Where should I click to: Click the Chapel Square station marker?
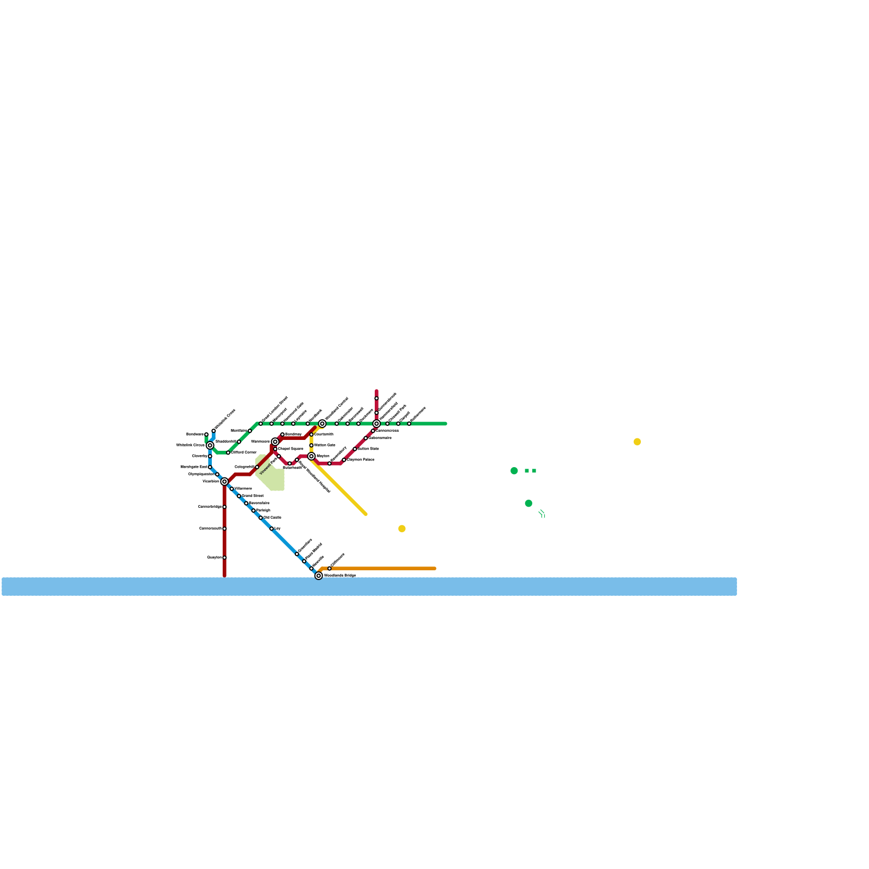pos(275,449)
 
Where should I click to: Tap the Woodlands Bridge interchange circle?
pos(319,576)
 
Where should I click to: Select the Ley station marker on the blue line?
pos(272,528)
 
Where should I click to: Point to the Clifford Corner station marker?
pos(228,452)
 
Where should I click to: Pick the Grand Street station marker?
pos(239,496)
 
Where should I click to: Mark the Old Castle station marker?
pos(261,518)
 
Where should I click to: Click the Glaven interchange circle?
pos(311,456)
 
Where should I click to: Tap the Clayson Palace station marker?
pos(344,460)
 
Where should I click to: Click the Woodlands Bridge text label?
pos(340,575)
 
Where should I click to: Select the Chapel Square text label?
pos(291,449)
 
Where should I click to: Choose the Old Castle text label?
pos(273,518)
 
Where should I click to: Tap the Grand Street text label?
pos(253,496)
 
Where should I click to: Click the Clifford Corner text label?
pos(244,452)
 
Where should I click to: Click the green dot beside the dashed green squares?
pos(514,471)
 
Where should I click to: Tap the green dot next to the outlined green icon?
pos(528,503)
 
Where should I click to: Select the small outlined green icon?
pos(541,514)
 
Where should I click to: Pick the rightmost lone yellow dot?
pos(637,442)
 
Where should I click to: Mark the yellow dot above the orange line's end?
pos(402,528)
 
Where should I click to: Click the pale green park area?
pos(274,478)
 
